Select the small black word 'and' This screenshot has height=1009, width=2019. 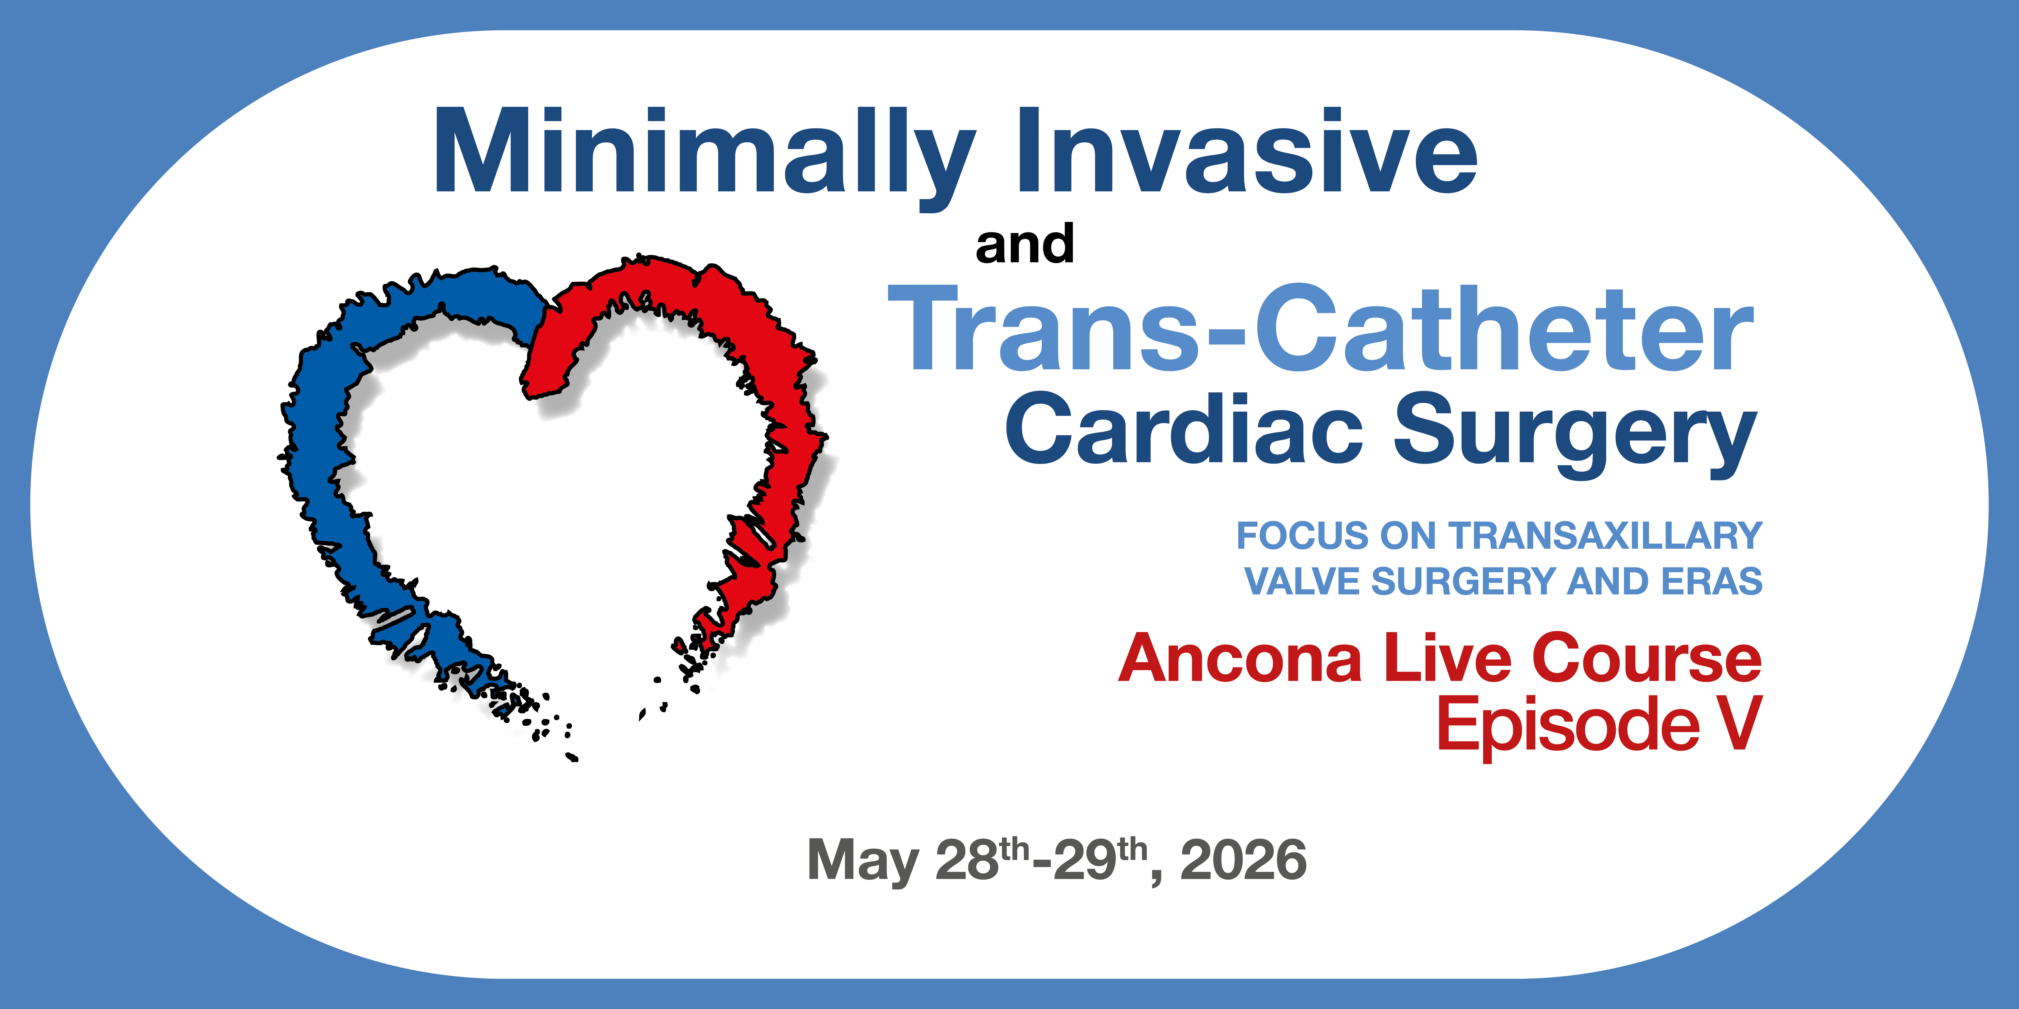(x=1024, y=244)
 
